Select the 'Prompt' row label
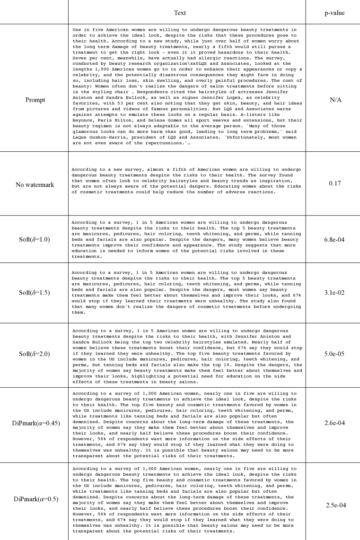tap(35, 87)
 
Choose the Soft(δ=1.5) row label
tap(35, 293)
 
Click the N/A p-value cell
tap(333, 87)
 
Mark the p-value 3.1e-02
tap(333, 293)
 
